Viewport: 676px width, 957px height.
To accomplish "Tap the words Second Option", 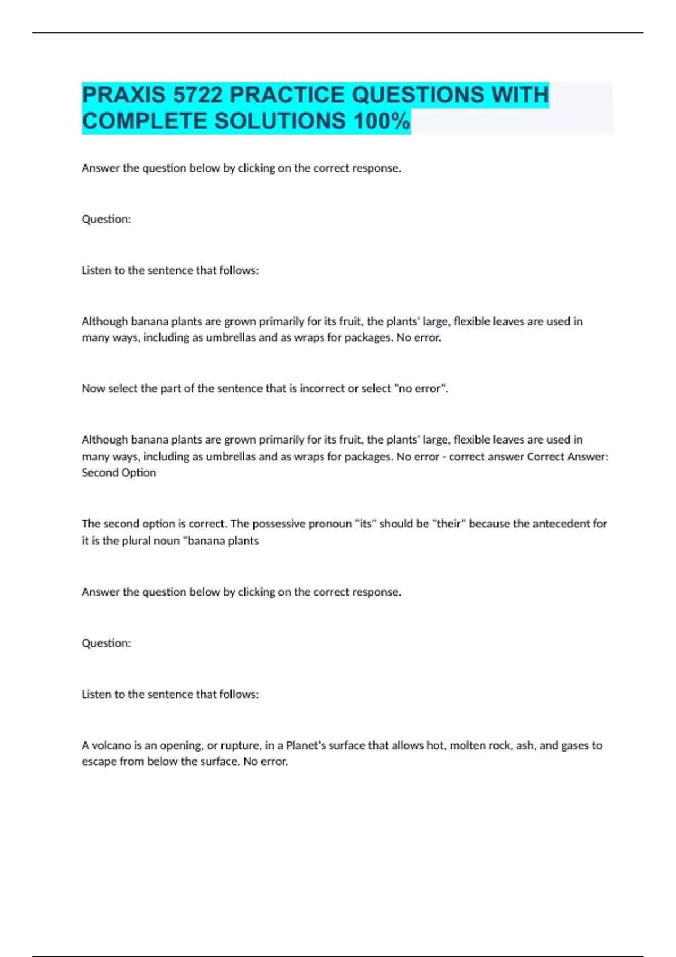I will point(119,473).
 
